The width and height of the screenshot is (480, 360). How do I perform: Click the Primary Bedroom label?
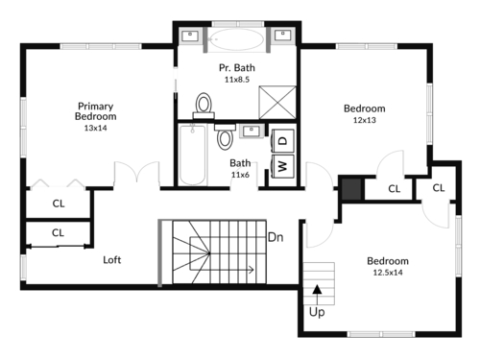96,111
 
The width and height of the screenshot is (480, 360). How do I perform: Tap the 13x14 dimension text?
96,128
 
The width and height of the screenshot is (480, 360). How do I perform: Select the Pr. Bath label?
237,68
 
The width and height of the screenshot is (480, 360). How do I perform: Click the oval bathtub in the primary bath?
237,39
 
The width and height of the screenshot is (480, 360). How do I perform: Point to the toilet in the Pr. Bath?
204,106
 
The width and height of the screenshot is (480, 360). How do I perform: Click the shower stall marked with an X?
277,103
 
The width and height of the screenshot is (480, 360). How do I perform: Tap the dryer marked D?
282,140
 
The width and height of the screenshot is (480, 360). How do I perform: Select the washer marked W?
282,166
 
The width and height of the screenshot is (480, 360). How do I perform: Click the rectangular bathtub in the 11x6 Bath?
192,156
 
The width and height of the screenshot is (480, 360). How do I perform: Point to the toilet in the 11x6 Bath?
225,136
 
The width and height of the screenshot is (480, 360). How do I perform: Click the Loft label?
112,260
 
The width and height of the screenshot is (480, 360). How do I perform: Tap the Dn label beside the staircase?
276,237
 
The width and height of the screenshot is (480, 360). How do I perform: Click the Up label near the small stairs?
317,312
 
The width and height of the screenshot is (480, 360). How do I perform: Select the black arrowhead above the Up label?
317,289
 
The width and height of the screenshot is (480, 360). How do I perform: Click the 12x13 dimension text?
365,120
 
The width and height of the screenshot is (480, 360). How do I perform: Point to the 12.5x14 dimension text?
388,273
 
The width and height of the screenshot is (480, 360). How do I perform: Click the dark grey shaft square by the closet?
351,189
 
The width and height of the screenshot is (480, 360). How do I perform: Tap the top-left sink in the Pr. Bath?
190,36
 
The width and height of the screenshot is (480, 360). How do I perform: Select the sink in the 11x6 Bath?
252,132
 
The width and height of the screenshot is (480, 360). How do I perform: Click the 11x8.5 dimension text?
237,80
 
